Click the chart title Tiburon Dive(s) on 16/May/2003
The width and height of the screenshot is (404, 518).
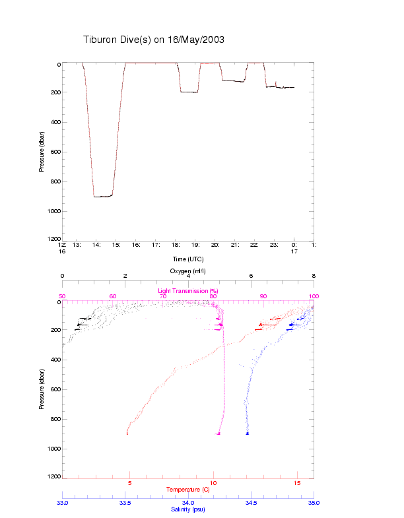pyautogui.click(x=154, y=40)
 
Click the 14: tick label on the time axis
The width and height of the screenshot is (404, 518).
pyautogui.click(x=96, y=245)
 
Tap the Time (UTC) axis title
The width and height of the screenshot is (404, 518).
pyautogui.click(x=188, y=259)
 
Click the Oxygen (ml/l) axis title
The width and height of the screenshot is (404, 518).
pyautogui.click(x=188, y=271)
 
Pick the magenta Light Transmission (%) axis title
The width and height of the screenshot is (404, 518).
pyautogui.click(x=188, y=290)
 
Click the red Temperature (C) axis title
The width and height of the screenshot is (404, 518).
pyautogui.click(x=188, y=489)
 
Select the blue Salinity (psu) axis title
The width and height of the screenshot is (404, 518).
pyautogui.click(x=188, y=509)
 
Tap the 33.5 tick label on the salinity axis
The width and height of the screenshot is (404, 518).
pyautogui.click(x=125, y=502)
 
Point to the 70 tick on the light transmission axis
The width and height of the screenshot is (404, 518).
pyautogui.click(x=162, y=296)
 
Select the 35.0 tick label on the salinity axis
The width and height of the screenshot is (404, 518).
pyautogui.click(x=314, y=502)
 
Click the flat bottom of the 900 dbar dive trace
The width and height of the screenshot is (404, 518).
pyautogui.click(x=102, y=197)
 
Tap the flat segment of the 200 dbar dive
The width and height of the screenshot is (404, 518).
pyautogui.click(x=189, y=92)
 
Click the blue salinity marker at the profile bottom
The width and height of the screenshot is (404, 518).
pyautogui.click(x=248, y=434)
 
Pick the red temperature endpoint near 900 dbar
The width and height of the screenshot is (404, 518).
pyautogui.click(x=127, y=433)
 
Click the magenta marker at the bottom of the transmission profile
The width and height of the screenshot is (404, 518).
pyautogui.click(x=219, y=434)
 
